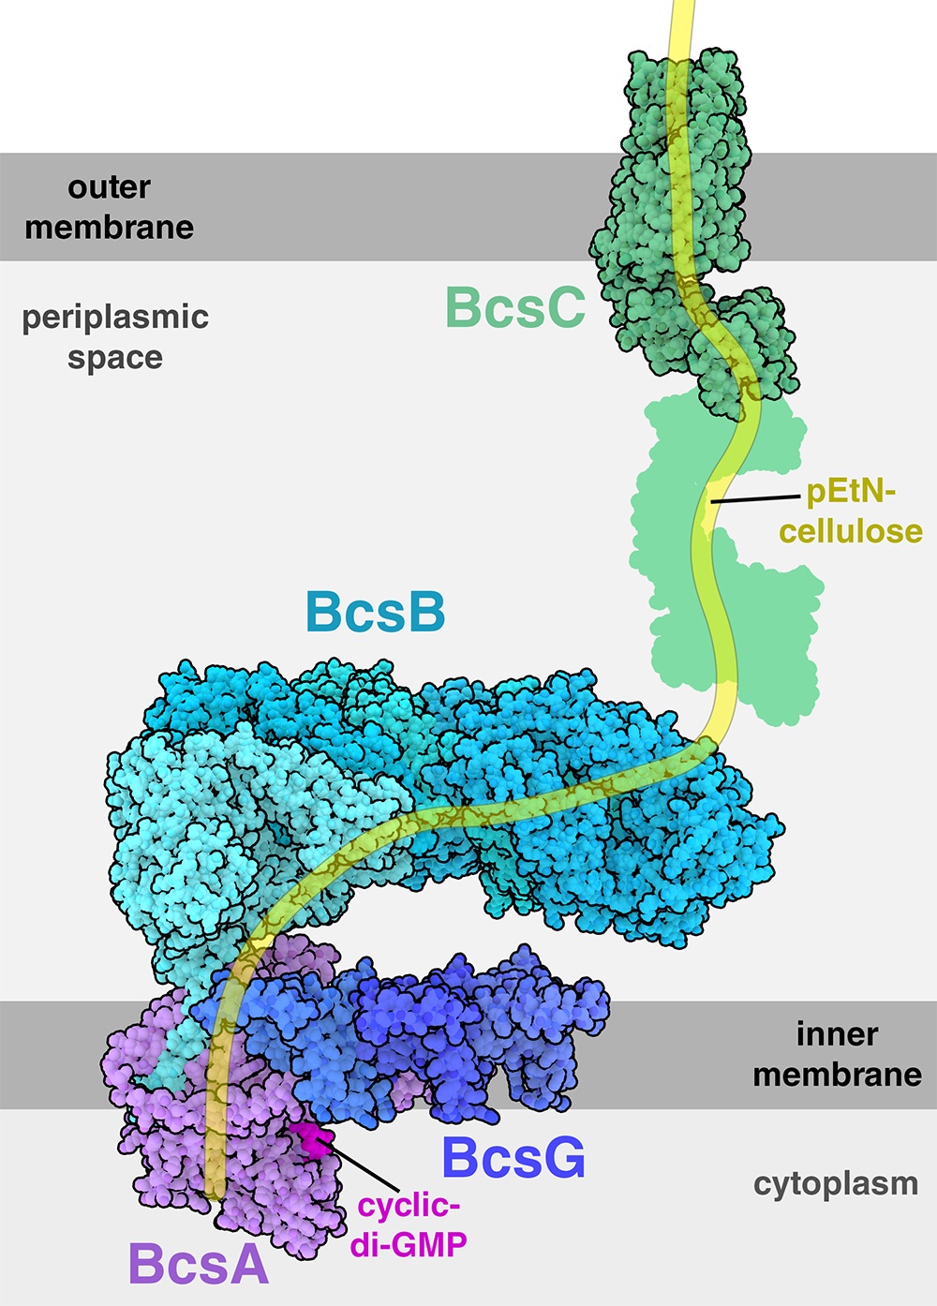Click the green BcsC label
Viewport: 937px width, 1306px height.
tap(514, 306)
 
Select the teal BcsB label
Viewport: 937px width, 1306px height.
tap(376, 612)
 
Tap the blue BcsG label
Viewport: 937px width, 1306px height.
tap(513, 1158)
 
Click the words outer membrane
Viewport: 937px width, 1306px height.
tap(109, 208)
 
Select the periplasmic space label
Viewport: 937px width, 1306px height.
tap(115, 337)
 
